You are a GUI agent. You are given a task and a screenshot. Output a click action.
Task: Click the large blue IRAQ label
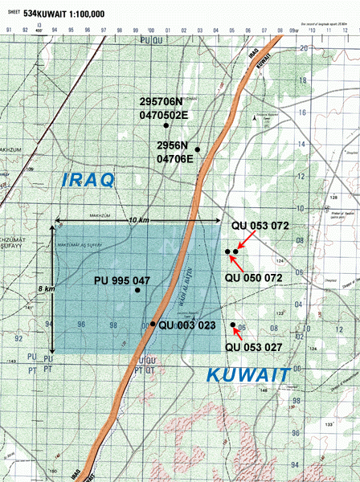pyautogui.click(x=89, y=180)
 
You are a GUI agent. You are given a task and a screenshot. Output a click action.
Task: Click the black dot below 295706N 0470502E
pyautogui.click(x=166, y=126)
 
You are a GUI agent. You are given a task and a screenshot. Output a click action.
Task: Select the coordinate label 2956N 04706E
pyautogui.click(x=174, y=153)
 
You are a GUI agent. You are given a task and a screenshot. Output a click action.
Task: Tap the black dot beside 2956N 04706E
pyautogui.click(x=197, y=149)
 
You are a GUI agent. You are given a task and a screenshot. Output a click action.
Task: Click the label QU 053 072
pyautogui.click(x=259, y=227)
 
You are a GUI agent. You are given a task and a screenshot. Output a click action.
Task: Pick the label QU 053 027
pyautogui.click(x=252, y=347)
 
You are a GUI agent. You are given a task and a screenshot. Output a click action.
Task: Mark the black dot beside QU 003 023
pyautogui.click(x=153, y=324)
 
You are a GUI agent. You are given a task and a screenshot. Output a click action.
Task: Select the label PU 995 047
pyautogui.click(x=121, y=280)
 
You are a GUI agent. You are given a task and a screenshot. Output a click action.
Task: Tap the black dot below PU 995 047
pyautogui.click(x=138, y=290)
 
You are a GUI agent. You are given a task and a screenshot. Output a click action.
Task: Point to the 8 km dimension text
pyautogui.click(x=49, y=288)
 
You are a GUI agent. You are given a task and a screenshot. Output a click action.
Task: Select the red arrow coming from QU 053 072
pyautogui.click(x=246, y=242)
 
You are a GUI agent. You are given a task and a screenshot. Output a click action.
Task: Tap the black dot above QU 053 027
pyautogui.click(x=233, y=325)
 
